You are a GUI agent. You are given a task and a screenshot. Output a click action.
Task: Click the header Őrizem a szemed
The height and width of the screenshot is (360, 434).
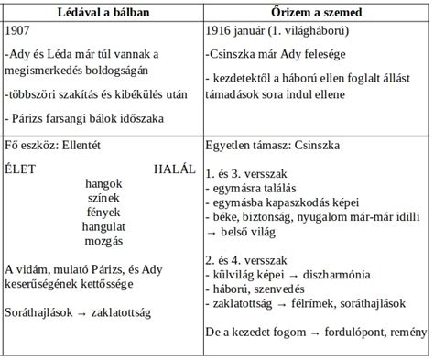[x=314, y=10]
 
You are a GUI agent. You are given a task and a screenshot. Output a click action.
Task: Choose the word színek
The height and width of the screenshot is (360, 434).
[x=103, y=198]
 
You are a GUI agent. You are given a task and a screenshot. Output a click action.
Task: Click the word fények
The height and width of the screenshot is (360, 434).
[x=103, y=213]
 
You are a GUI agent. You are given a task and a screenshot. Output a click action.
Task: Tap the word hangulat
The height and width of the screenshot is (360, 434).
[x=103, y=226]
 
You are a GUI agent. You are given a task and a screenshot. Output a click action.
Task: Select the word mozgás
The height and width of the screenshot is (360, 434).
[x=103, y=241]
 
